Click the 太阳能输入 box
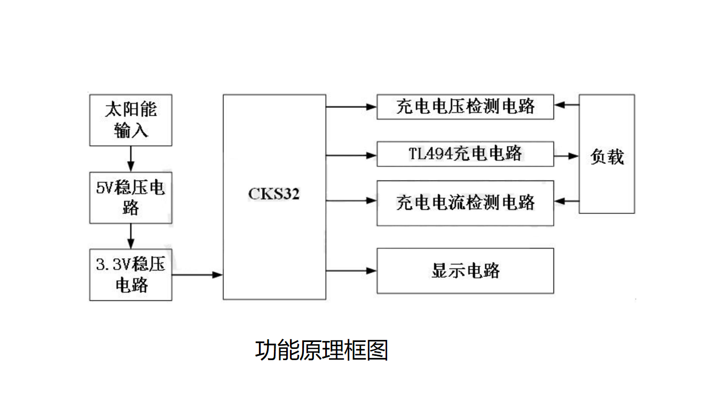(x=130, y=120)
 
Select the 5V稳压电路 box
(x=130, y=197)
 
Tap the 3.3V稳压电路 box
(x=130, y=275)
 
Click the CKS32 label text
(x=274, y=194)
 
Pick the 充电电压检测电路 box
(x=465, y=107)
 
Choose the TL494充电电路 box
(x=465, y=154)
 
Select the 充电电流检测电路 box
(x=465, y=203)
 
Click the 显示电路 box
(x=465, y=270)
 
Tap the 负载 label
(x=607, y=156)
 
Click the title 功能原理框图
(x=321, y=351)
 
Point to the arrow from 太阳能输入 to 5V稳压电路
(x=130, y=158)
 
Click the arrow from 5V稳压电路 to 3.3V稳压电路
(x=130, y=236)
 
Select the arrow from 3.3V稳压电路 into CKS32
(x=197, y=275)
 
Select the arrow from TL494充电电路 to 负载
(x=567, y=156)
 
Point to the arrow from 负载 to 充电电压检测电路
(x=567, y=105)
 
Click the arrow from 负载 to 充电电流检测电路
(x=567, y=201)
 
